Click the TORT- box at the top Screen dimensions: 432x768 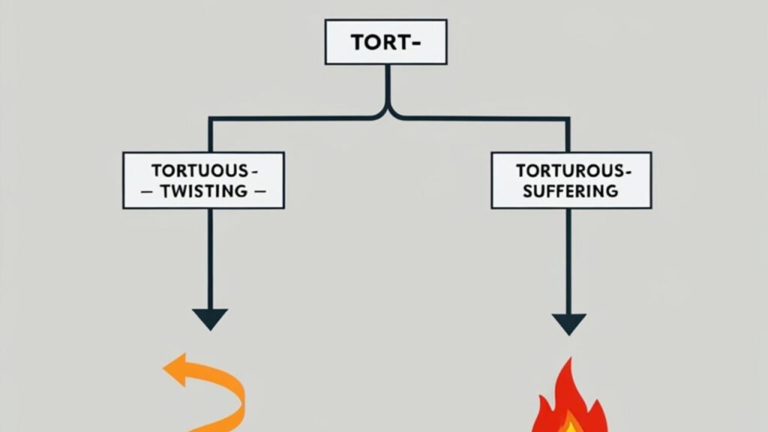click(x=385, y=42)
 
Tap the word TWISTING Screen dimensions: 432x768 click(x=202, y=190)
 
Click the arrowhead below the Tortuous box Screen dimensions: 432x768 click(x=210, y=318)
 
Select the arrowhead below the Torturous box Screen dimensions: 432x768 click(x=568, y=323)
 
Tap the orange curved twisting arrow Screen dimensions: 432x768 click(x=217, y=390)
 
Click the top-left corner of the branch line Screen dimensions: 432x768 click(x=211, y=118)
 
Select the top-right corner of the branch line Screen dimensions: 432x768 click(x=568, y=118)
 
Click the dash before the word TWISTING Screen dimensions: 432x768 click(x=147, y=191)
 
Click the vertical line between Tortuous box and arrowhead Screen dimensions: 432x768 click(x=210, y=255)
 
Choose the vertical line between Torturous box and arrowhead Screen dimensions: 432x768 click(x=568, y=259)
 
